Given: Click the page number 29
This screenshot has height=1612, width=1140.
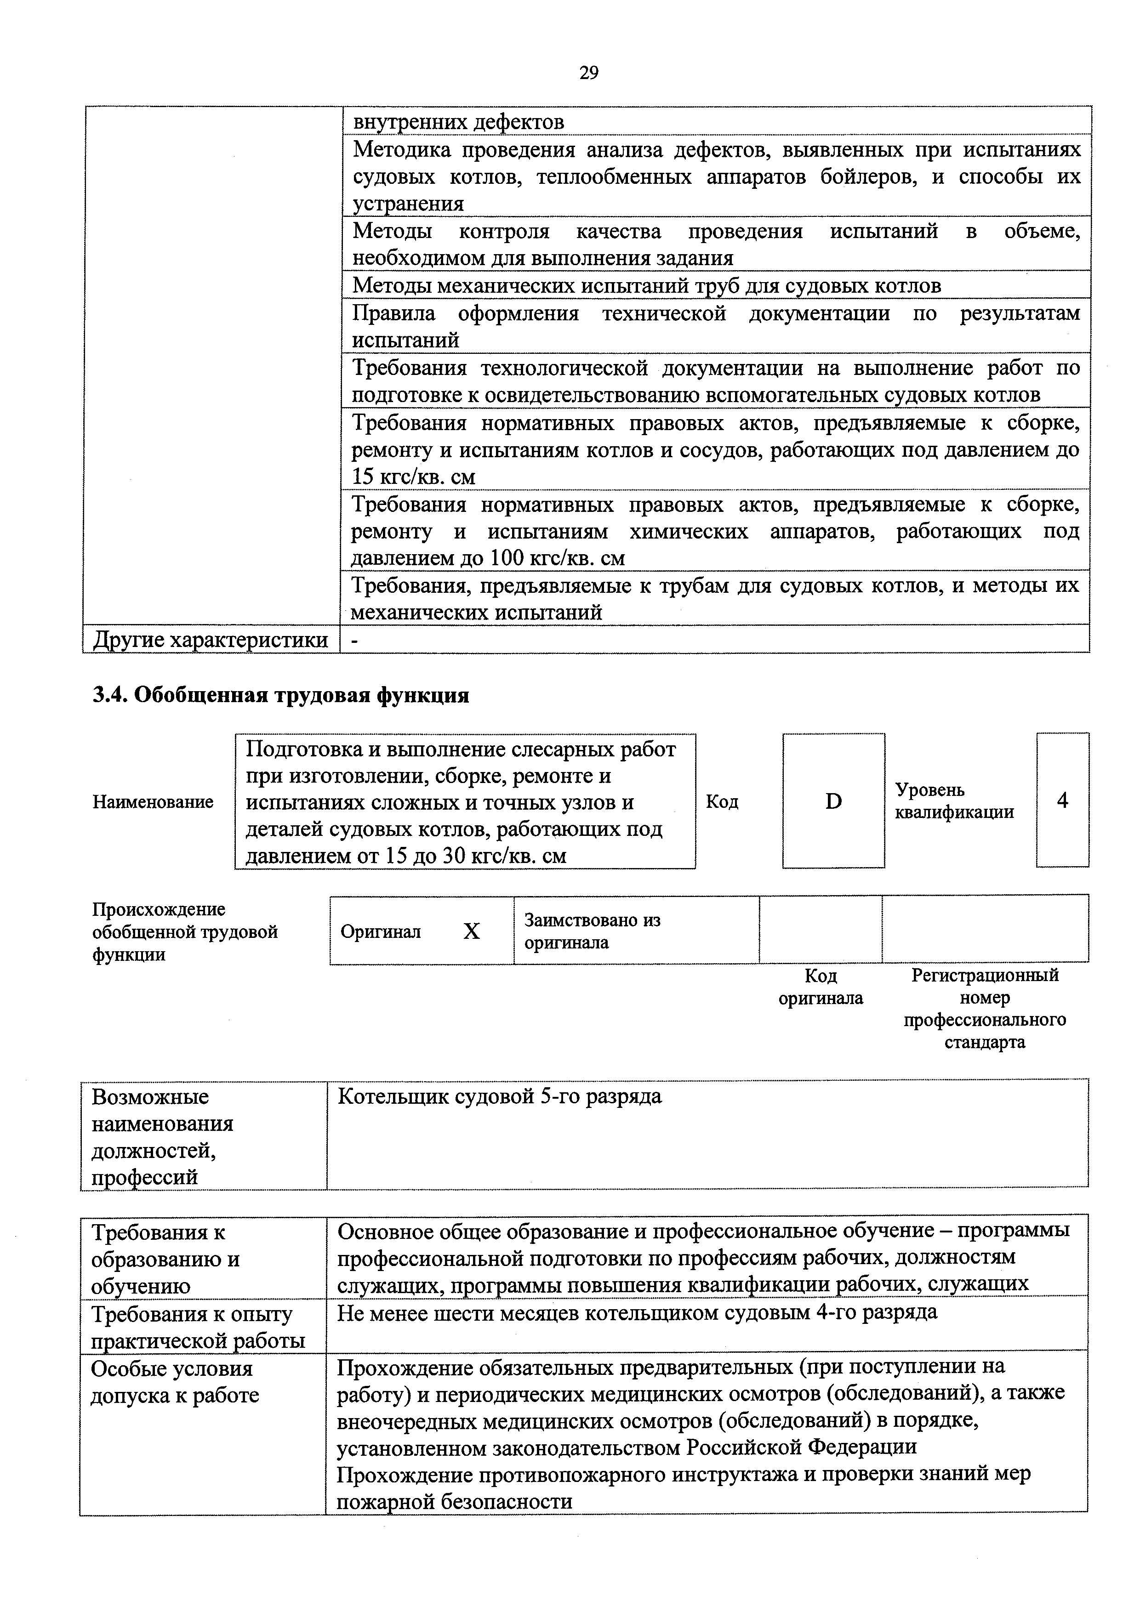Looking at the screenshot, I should pos(588,73).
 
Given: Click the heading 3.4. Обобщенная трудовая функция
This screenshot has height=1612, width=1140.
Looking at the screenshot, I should pos(281,695).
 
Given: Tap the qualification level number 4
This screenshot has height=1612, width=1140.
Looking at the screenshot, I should pos(1062,800).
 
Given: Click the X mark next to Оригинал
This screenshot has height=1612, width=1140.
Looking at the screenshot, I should pos(471,931).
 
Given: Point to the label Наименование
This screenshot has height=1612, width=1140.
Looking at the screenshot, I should pos(153,802).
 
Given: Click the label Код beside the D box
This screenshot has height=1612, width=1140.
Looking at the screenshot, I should pos(722,802).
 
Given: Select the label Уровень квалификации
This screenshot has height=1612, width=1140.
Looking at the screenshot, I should pos(954,801).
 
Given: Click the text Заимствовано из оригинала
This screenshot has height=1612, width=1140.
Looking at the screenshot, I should pos(592,931).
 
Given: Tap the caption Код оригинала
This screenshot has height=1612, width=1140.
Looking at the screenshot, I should pos(821,987).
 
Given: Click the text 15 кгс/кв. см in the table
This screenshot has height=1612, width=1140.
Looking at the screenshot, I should pos(413,477).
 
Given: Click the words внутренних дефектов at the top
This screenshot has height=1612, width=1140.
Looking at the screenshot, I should pos(458,122).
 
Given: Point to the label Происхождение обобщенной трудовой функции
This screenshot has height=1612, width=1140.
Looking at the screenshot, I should pos(185,931).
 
